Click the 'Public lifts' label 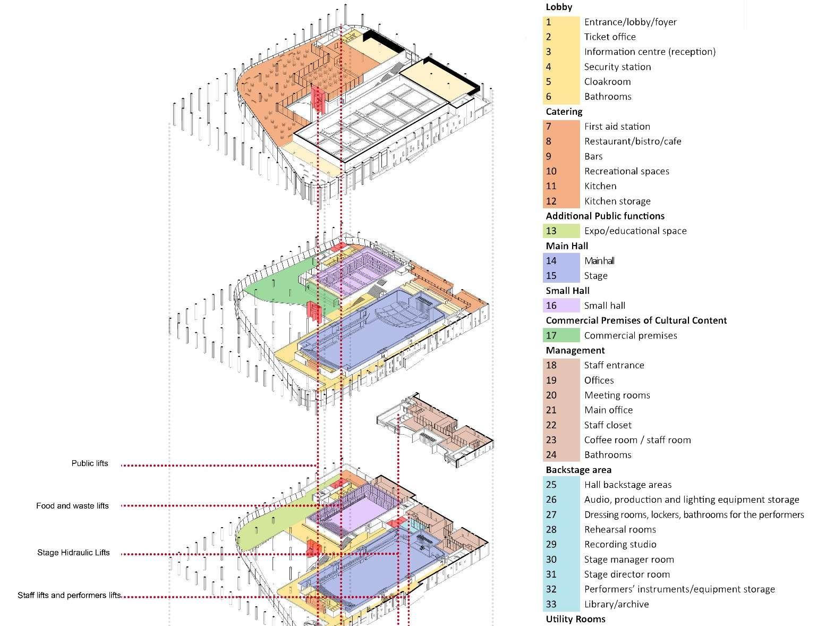point(90,463)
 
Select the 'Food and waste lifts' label point(72,506)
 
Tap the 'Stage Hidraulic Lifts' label point(73,553)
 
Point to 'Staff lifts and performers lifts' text point(69,595)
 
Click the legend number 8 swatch point(561,141)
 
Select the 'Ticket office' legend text point(610,37)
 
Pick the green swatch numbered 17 point(561,335)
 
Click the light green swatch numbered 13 point(561,231)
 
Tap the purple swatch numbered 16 point(561,306)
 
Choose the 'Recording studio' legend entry point(620,544)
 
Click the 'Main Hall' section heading point(567,246)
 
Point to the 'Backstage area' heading point(578,470)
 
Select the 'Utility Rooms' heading point(575,619)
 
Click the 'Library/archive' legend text point(616,604)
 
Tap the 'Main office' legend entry point(608,410)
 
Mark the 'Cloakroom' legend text point(607,82)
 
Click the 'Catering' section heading point(564,112)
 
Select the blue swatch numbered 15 point(561,276)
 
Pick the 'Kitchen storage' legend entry point(617,201)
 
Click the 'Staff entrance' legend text point(614,365)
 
